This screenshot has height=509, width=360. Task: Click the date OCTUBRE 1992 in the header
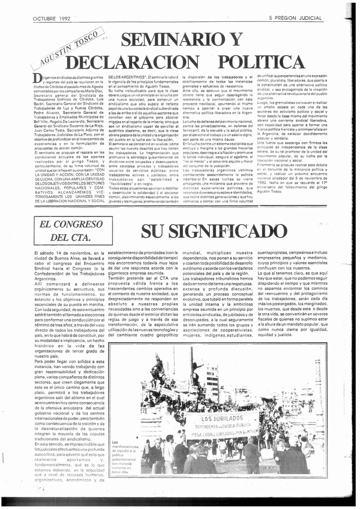tap(51, 18)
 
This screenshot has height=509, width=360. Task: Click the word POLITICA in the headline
tap(262, 63)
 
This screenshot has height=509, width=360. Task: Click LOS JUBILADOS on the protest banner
tap(222, 418)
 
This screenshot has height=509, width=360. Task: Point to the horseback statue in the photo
tap(158, 368)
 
